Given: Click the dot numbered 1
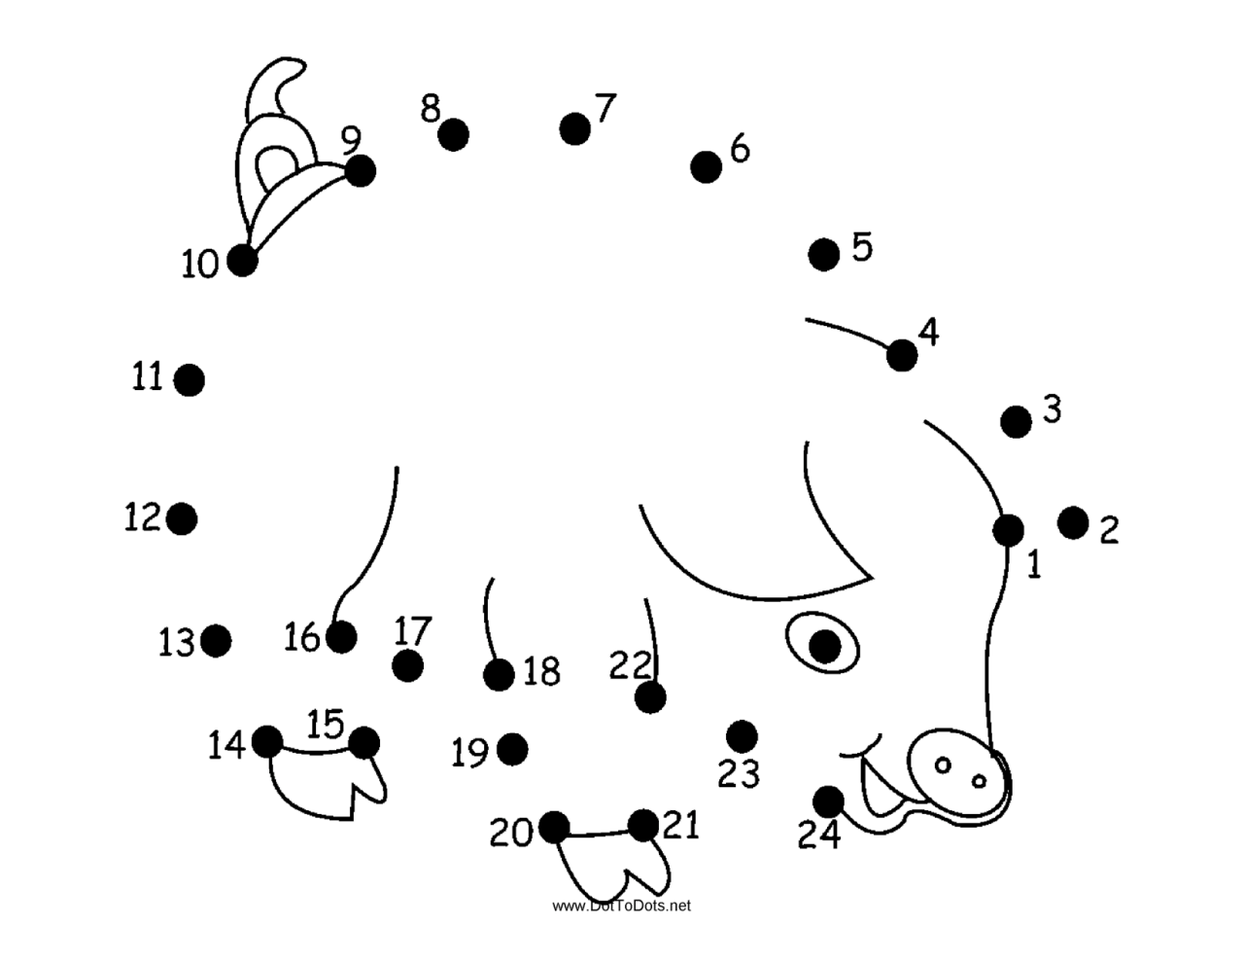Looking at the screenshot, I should tap(1008, 530).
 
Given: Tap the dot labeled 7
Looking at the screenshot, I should tap(575, 127).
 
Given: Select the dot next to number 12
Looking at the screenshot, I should tap(182, 518).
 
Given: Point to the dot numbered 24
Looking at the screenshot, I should tap(828, 802).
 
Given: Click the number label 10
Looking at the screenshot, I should tap(201, 264).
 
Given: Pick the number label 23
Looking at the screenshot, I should tap(739, 774).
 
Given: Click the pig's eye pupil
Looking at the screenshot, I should tap(824, 645).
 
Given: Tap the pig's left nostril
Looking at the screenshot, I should tap(942, 766).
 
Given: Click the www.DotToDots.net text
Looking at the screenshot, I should tap(622, 906).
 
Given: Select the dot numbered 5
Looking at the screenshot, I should tap(823, 255).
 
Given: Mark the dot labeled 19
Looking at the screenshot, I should tap(512, 749).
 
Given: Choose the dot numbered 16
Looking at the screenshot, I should tap(341, 637).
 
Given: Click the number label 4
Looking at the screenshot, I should tap(929, 333).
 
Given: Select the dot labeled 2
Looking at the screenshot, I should tap(1073, 522).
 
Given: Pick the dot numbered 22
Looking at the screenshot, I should tap(650, 697).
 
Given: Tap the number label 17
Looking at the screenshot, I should tap(412, 630).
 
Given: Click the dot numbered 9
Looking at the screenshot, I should tap(360, 171).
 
